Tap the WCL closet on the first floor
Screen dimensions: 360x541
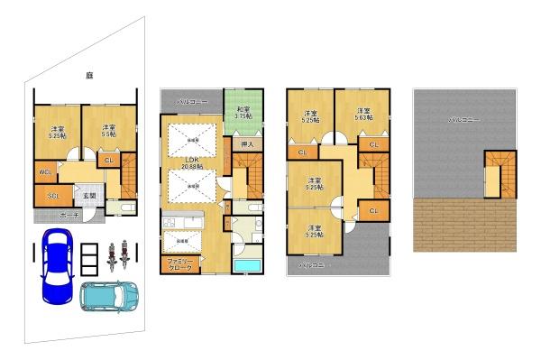pyautogui.click(x=43, y=172)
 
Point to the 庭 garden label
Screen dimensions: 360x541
pyautogui.click(x=90, y=75)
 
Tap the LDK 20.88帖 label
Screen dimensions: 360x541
pyautogui.click(x=190, y=163)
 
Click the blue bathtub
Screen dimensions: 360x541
pyautogui.click(x=246, y=266)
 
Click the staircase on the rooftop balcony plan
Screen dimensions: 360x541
pyautogui.click(x=499, y=171)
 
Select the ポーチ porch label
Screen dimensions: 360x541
pyautogui.click(x=67, y=217)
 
